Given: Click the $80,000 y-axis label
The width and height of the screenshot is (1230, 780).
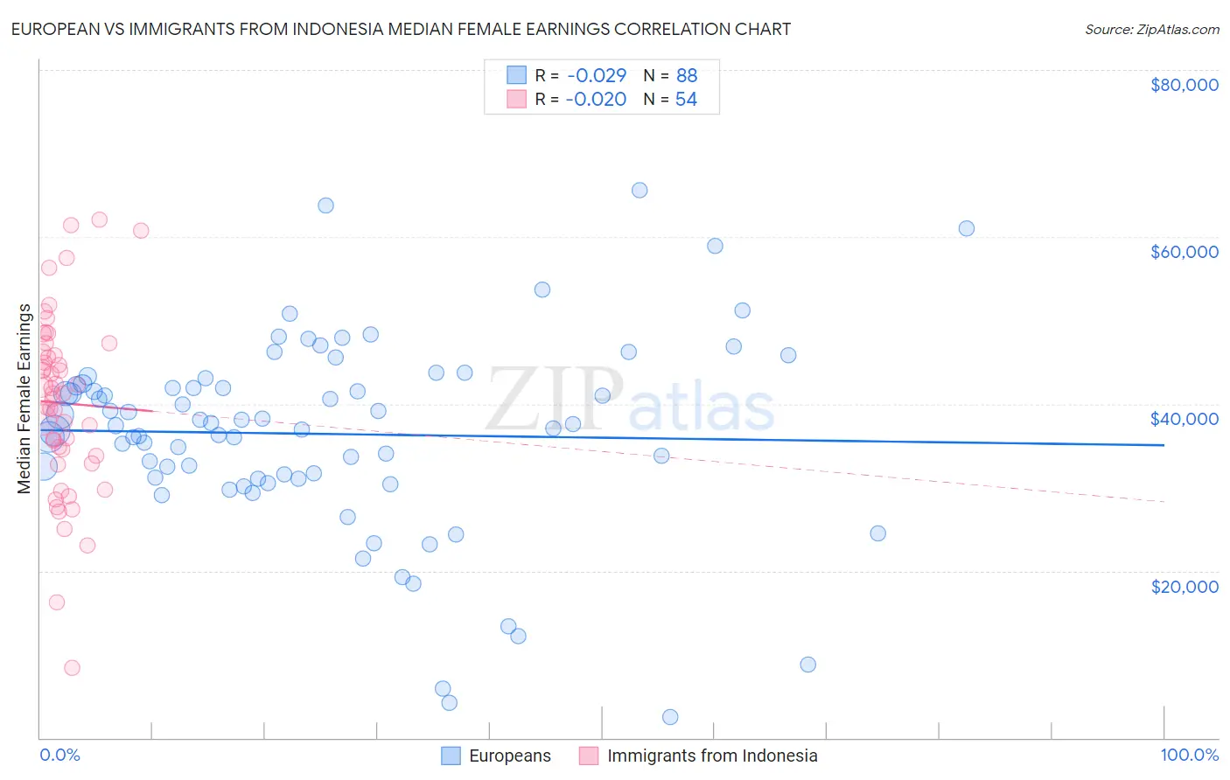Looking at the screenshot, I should pyautogui.click(x=1184, y=85).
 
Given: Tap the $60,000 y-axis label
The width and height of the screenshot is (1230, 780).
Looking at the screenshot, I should pyautogui.click(x=1184, y=252).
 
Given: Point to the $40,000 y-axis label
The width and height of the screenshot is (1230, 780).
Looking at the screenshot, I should pyautogui.click(x=1184, y=419).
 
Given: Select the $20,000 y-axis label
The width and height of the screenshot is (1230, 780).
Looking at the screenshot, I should pyautogui.click(x=1184, y=586).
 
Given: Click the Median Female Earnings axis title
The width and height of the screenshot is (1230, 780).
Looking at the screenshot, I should pyautogui.click(x=24, y=398).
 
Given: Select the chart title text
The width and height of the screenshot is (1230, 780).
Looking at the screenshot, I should pyautogui.click(x=401, y=29).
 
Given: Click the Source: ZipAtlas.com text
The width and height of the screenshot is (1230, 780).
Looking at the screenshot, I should pyautogui.click(x=1151, y=29).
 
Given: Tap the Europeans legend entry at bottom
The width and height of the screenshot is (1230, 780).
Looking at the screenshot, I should pyautogui.click(x=509, y=756).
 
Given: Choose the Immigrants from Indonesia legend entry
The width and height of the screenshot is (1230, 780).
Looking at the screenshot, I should pyautogui.click(x=711, y=756).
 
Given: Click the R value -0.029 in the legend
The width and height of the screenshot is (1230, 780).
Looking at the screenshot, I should pyautogui.click(x=596, y=76).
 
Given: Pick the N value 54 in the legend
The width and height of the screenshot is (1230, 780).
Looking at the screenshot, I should pyautogui.click(x=686, y=100).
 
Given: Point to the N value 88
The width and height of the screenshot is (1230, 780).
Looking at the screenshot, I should pyautogui.click(x=687, y=76).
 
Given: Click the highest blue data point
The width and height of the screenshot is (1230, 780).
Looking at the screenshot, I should pyautogui.click(x=639, y=191).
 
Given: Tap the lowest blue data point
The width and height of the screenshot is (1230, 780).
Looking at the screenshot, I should pyautogui.click(x=670, y=717).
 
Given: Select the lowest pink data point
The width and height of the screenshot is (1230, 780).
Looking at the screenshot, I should pyautogui.click(x=72, y=668).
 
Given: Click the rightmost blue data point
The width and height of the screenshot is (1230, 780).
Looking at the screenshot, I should pyautogui.click(x=967, y=228).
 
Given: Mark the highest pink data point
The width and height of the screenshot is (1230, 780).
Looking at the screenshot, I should pyautogui.click(x=100, y=219).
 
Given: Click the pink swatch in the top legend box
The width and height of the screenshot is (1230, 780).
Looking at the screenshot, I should pyautogui.click(x=516, y=100).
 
